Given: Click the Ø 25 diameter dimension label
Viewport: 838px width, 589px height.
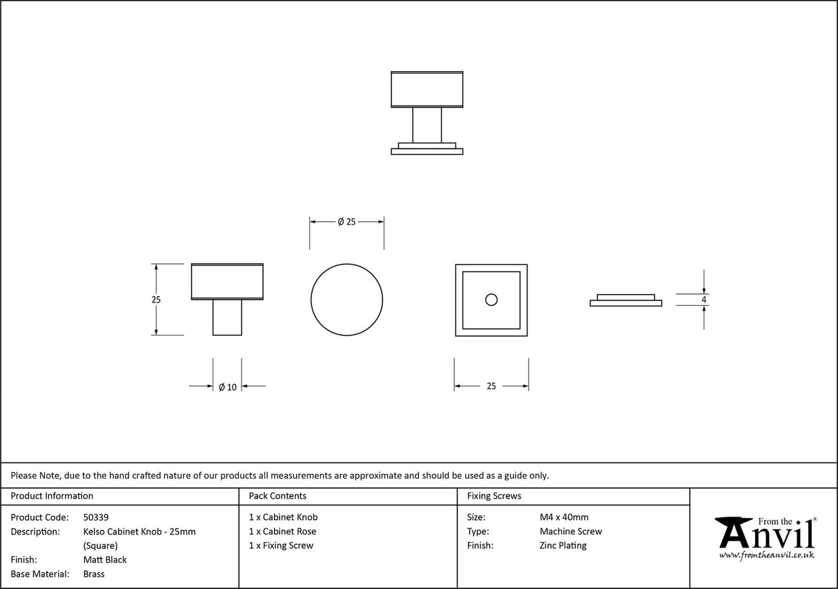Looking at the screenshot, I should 347,222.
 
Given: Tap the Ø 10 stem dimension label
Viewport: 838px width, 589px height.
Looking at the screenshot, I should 227,387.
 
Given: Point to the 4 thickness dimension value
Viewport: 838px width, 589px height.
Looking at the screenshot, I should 703,300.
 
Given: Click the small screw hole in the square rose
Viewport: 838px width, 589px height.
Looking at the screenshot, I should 491,300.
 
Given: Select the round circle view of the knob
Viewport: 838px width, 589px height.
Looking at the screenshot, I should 347,300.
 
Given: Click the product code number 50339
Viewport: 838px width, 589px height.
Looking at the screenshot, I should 96,517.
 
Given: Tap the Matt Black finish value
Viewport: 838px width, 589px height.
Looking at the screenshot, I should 105,560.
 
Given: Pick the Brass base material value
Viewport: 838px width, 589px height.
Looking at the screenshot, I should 94,574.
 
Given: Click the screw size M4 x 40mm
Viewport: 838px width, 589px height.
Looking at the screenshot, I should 564,517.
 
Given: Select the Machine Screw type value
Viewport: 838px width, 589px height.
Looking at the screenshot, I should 571,532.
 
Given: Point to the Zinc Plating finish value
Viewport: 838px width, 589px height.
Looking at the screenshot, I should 563,545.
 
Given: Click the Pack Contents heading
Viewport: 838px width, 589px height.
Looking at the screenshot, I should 277,496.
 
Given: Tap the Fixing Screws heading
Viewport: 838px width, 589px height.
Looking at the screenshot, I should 494,496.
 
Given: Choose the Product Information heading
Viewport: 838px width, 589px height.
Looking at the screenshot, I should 52,496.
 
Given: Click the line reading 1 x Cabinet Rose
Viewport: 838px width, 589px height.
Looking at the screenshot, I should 282,532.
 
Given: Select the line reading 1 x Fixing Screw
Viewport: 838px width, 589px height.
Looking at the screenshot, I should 281,545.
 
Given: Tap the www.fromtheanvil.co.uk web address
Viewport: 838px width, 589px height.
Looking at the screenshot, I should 766,555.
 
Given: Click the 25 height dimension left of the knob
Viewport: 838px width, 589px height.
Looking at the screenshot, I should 156,300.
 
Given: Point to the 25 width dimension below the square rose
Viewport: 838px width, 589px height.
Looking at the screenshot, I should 491,387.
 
